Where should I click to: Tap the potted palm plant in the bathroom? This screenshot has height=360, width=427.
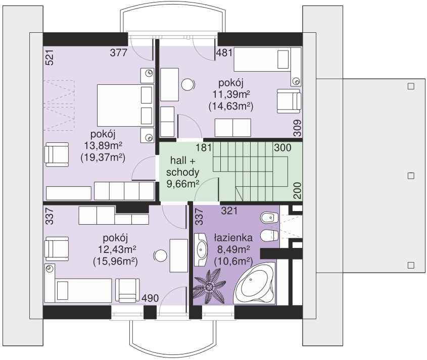click(209, 286)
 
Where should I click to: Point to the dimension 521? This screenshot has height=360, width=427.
click(50, 57)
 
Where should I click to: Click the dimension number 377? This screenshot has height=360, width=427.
click(119, 53)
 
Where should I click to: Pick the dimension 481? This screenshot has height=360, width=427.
click(224, 53)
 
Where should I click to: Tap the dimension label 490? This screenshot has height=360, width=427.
click(150, 298)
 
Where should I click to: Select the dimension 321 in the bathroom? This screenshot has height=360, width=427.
click(229, 211)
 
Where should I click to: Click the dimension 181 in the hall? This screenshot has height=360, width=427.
click(204, 147)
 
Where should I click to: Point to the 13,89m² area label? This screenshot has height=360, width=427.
click(103, 146)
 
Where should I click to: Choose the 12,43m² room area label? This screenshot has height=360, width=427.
click(117, 249)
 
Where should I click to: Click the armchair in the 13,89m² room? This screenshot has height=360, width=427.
click(57, 155)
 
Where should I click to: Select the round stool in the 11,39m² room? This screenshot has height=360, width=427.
click(188, 85)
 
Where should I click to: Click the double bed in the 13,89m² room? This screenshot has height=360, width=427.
click(125, 106)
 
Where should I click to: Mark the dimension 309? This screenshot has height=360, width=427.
click(297, 128)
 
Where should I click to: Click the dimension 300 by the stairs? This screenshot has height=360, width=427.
click(282, 148)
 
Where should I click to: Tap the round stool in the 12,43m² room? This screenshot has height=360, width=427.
click(160, 256)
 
